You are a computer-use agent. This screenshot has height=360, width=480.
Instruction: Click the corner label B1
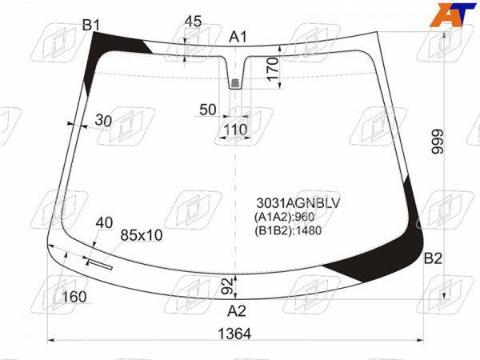click(91, 25)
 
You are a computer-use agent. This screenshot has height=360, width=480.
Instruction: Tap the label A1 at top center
click(238, 38)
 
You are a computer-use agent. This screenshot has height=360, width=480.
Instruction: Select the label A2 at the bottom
click(236, 311)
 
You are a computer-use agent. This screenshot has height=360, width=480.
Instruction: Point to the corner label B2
click(433, 259)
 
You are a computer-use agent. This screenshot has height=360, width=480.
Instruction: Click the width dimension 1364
click(234, 334)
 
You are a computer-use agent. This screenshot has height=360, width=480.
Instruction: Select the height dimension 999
click(437, 142)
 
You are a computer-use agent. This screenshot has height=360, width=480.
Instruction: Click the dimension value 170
click(273, 69)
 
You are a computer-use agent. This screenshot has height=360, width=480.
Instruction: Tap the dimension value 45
click(193, 22)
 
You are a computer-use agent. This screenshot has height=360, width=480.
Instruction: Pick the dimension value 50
click(207, 110)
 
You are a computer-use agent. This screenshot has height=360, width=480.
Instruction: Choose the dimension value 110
click(235, 130)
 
